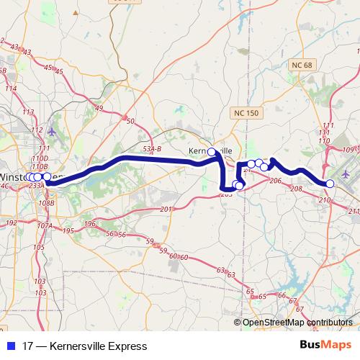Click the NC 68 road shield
304,66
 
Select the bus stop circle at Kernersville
212,152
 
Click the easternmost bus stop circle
331,184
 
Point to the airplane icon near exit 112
52,132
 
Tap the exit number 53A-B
152,148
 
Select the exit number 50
130,121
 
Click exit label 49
99,109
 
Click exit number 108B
47,203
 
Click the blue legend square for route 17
11,346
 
